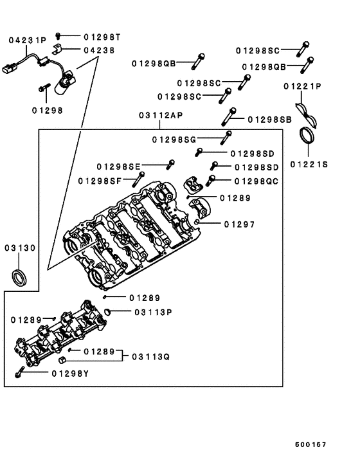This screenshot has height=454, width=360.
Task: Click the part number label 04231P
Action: [28, 40]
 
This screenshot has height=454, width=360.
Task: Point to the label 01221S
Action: [309, 165]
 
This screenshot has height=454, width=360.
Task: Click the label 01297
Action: [239, 224]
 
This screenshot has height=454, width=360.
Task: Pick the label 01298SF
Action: [100, 181]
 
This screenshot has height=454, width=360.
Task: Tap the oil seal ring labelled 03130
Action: [20, 278]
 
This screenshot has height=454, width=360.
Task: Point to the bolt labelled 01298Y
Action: [20, 372]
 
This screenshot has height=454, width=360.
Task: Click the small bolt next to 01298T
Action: [59, 37]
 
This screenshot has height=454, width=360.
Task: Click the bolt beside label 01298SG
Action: [226, 136]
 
